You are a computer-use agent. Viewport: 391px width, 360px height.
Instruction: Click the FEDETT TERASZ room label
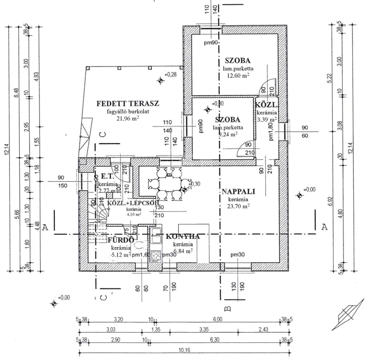click(x=128, y=103)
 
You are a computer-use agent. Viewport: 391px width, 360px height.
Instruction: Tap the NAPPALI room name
click(x=238, y=192)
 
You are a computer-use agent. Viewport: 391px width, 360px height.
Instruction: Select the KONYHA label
click(x=183, y=237)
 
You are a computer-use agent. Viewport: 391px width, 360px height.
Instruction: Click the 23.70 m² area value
click(x=238, y=206)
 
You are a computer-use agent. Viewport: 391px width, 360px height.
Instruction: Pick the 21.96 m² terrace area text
click(x=127, y=119)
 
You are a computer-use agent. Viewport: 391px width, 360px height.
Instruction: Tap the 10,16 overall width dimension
click(x=183, y=351)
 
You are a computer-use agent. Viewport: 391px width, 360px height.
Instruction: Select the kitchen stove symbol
click(x=155, y=256)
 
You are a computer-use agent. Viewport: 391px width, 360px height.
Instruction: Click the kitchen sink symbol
click(x=155, y=236)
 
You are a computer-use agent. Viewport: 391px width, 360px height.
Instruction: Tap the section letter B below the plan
click(x=227, y=309)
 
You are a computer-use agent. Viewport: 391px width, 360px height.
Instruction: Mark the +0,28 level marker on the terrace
click(x=161, y=81)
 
